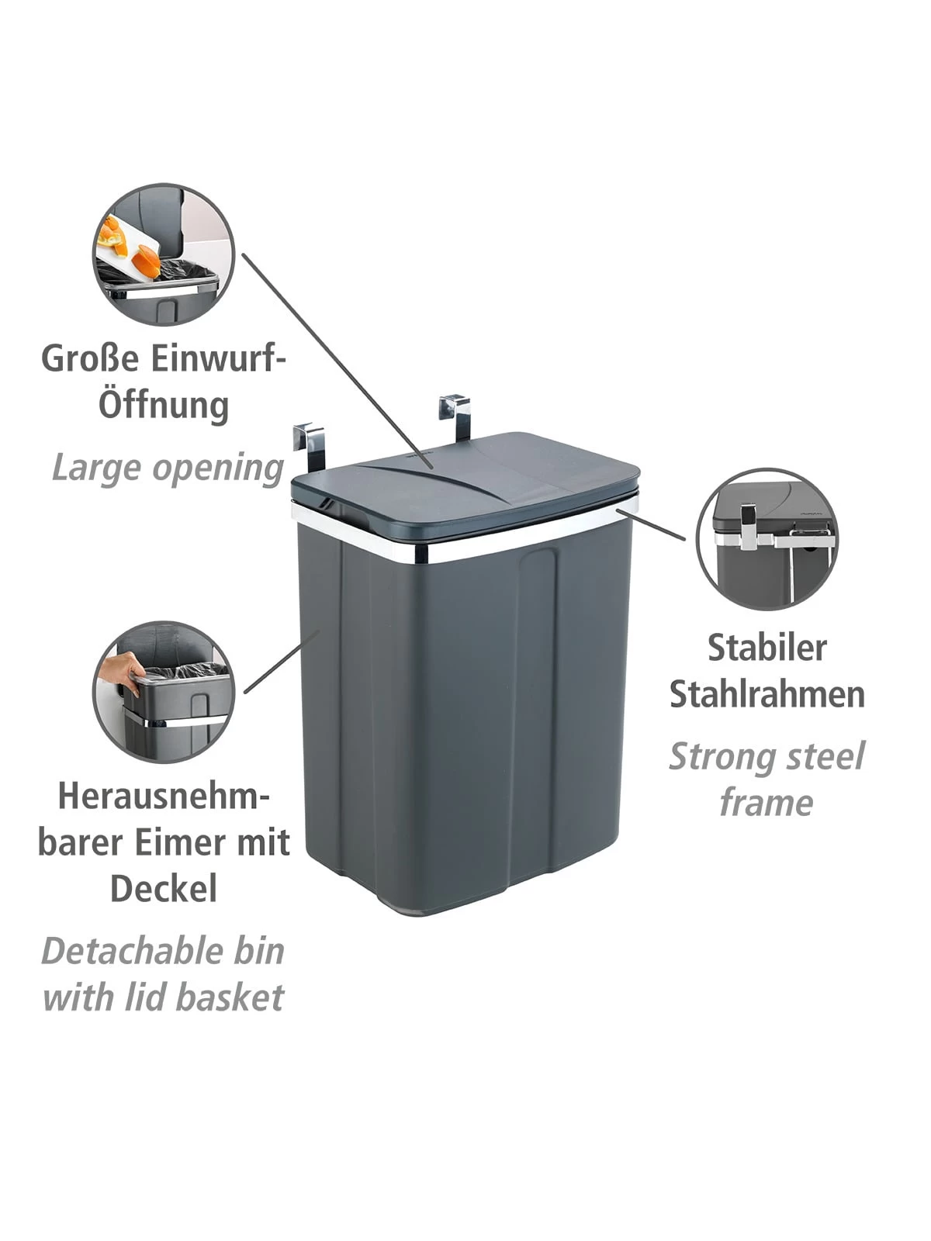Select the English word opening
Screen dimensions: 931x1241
(218, 468)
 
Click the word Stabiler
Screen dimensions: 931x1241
(767, 648)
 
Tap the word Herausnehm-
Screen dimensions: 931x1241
(164, 796)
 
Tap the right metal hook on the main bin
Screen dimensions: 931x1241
(455, 416)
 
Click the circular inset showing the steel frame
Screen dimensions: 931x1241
(767, 539)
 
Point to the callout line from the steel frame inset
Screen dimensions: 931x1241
(651, 524)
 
